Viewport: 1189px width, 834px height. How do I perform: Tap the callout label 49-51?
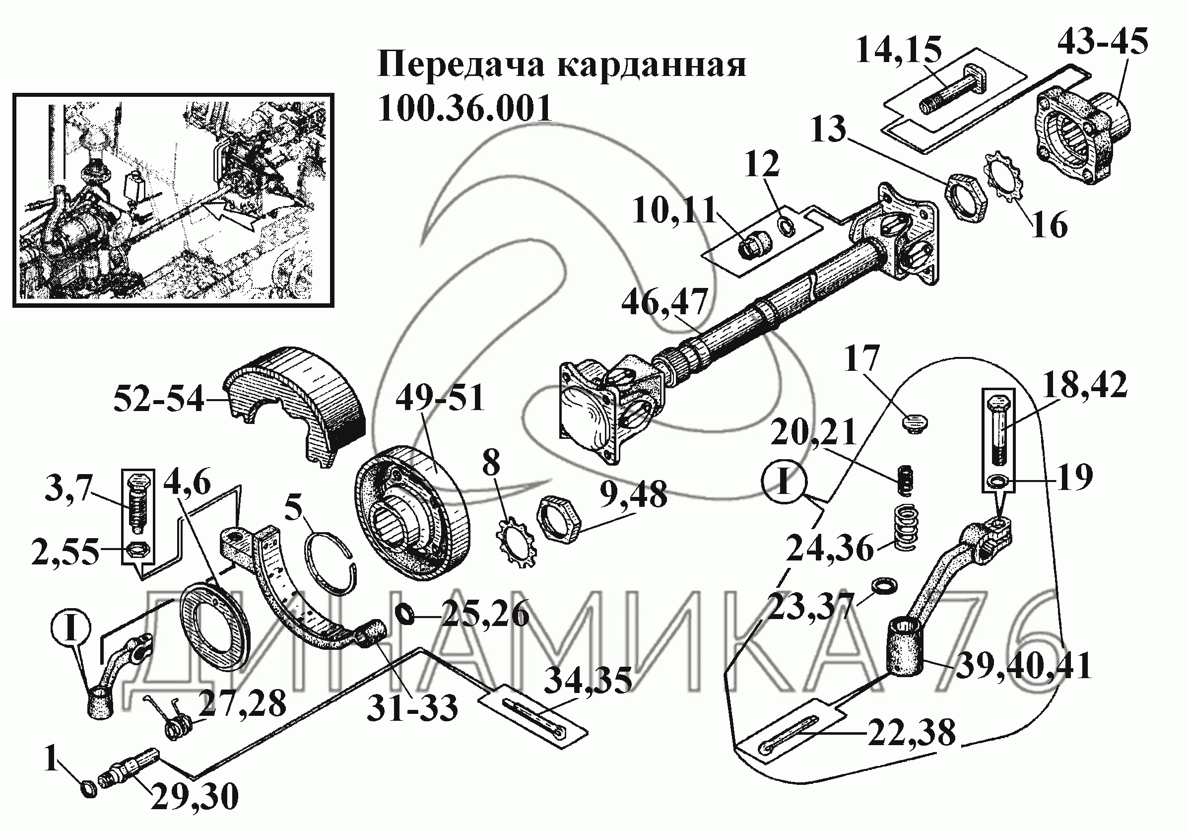click(x=440, y=398)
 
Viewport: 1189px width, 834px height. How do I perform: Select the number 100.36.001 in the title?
click(x=464, y=109)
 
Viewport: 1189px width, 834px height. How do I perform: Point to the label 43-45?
click(x=1102, y=41)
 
